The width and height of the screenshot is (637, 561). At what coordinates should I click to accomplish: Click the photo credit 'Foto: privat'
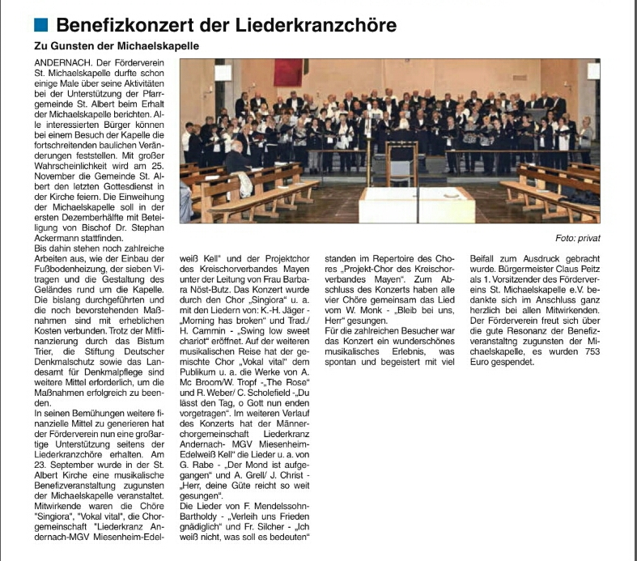(x=578, y=238)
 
